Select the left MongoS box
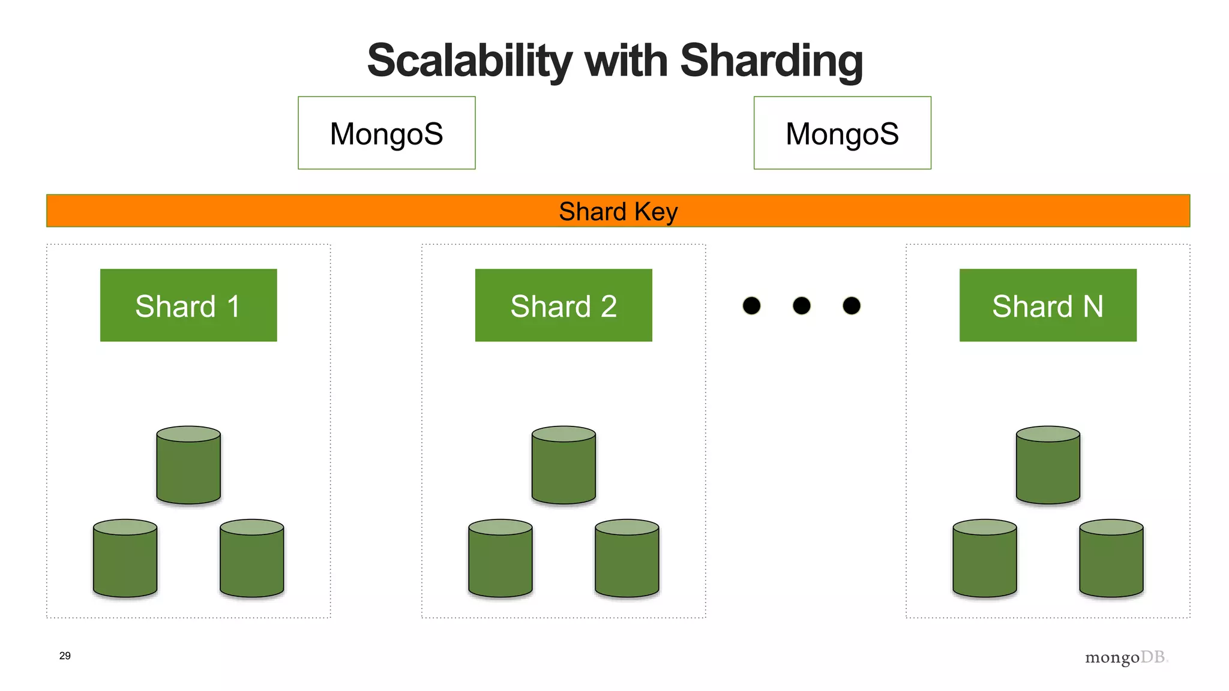[386, 133]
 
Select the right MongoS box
[842, 133]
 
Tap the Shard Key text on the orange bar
[618, 211]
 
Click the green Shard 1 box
[188, 305]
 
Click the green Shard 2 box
[563, 305]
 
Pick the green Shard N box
[1048, 305]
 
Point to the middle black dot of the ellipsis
[802, 306]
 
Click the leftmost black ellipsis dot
[751, 306]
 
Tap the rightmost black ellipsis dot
[852, 306]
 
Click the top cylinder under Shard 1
[188, 465]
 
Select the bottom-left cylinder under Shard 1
[125, 558]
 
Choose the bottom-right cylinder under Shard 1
[252, 558]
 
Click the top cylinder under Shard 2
[563, 465]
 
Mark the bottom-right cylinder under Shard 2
[627, 558]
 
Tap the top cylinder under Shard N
[1048, 465]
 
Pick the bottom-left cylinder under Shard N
[985, 558]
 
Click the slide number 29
[65, 656]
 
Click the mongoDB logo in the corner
[1126, 657]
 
